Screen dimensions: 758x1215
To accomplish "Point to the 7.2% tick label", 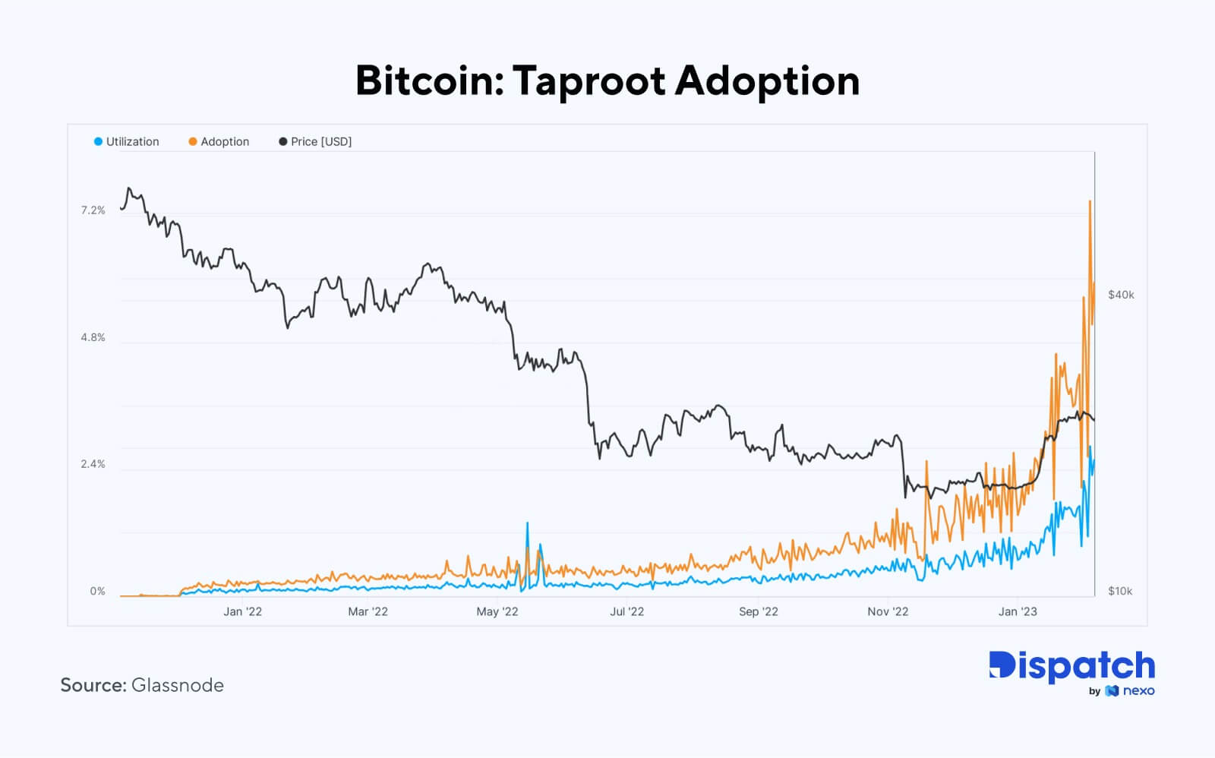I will (x=93, y=210).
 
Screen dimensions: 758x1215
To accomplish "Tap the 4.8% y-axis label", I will (x=93, y=337).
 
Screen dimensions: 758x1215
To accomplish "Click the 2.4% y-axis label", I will (x=93, y=464).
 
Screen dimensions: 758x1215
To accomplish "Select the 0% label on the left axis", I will (x=98, y=591).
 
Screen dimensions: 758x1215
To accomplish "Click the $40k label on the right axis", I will (x=1121, y=295).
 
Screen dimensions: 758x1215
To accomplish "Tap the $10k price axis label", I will (x=1120, y=591).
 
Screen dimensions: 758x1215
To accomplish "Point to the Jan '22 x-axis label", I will (x=242, y=611).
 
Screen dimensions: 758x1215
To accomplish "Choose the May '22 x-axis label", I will (x=497, y=611).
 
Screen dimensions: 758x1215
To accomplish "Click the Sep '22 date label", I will (x=758, y=611).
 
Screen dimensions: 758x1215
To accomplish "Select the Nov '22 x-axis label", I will (x=888, y=611).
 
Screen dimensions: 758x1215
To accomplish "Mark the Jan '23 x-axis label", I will (x=1018, y=611).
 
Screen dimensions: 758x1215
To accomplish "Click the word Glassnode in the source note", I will (x=178, y=685).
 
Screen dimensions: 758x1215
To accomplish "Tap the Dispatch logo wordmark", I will (x=1071, y=666).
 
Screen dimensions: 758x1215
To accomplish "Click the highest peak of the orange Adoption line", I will (x=1090, y=202).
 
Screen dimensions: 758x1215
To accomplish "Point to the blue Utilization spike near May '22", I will (x=527, y=524).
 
